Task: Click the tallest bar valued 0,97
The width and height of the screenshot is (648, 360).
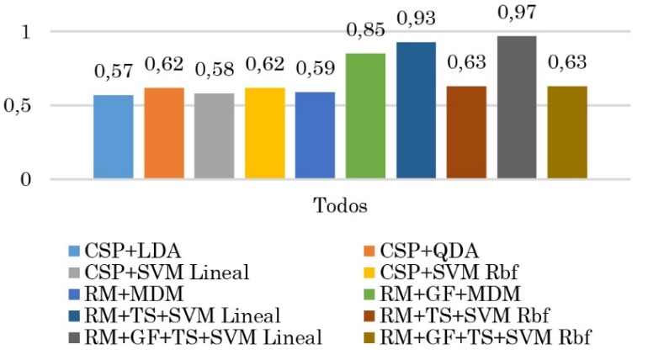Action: [x=517, y=108]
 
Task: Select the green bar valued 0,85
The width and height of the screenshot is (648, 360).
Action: [x=365, y=116]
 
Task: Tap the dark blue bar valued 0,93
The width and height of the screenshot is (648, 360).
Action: [x=416, y=110]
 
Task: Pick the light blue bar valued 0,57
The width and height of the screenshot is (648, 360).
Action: [x=114, y=136]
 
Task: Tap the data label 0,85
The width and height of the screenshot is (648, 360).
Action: [x=365, y=32]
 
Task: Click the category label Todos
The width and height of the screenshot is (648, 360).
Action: [x=340, y=205]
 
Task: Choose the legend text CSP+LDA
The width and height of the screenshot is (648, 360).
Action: [x=124, y=251]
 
